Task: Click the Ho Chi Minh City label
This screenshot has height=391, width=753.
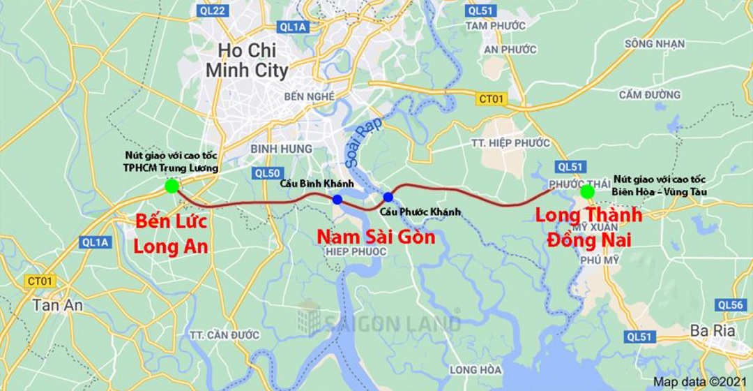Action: click(246, 60)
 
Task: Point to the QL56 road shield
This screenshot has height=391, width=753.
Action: click(730, 304)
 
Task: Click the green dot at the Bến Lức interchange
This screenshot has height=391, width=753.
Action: click(172, 186)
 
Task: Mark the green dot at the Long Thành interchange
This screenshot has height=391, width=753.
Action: click(587, 191)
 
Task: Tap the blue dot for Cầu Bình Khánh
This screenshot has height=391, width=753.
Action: click(337, 200)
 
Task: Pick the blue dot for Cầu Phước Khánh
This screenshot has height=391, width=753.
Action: click(388, 197)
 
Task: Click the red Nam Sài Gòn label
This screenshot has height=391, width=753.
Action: click(376, 237)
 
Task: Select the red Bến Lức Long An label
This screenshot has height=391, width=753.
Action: click(171, 235)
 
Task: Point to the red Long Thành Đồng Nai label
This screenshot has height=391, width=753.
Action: click(588, 226)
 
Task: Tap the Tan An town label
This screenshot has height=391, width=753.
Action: click(57, 305)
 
